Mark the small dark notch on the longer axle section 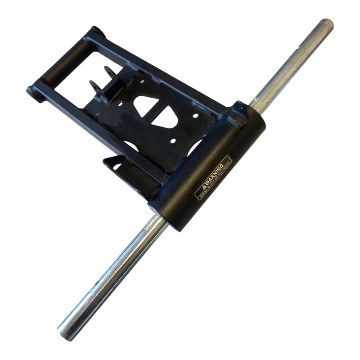point(96,283)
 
